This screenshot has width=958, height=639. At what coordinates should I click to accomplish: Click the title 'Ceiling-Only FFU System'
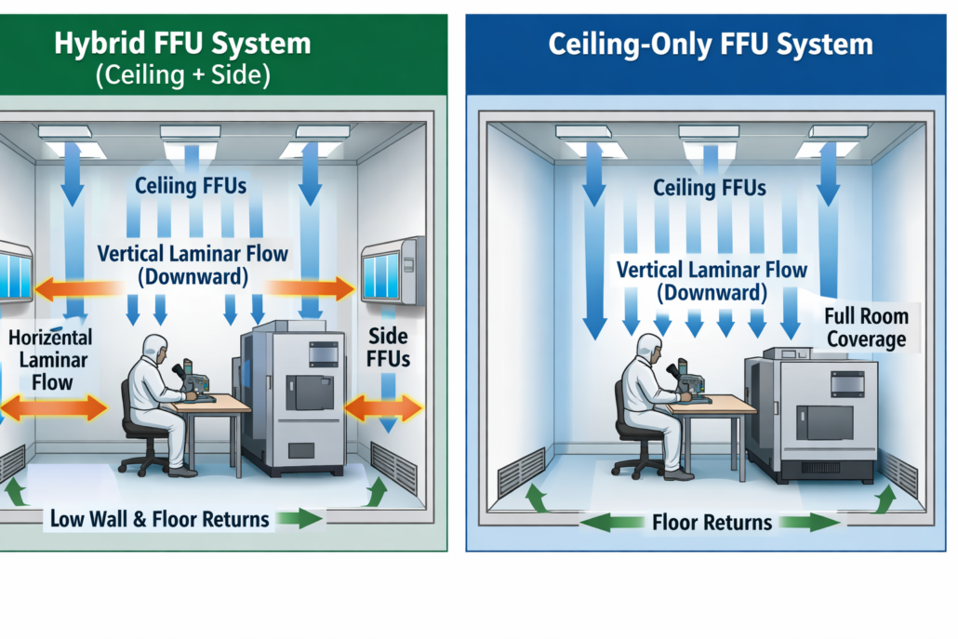(x=711, y=44)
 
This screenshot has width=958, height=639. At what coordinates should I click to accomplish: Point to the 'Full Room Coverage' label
(x=867, y=326)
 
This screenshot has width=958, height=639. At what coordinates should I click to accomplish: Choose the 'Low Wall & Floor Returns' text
(x=160, y=519)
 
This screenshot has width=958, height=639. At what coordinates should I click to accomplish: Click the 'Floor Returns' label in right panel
(x=712, y=523)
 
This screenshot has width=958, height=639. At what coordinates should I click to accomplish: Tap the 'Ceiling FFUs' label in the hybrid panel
(x=191, y=186)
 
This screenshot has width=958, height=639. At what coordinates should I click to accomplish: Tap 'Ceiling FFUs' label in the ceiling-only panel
(x=710, y=189)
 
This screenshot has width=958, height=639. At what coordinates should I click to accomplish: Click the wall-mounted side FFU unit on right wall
(x=393, y=269)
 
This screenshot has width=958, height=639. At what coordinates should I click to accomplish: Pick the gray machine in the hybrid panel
(x=293, y=395)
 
